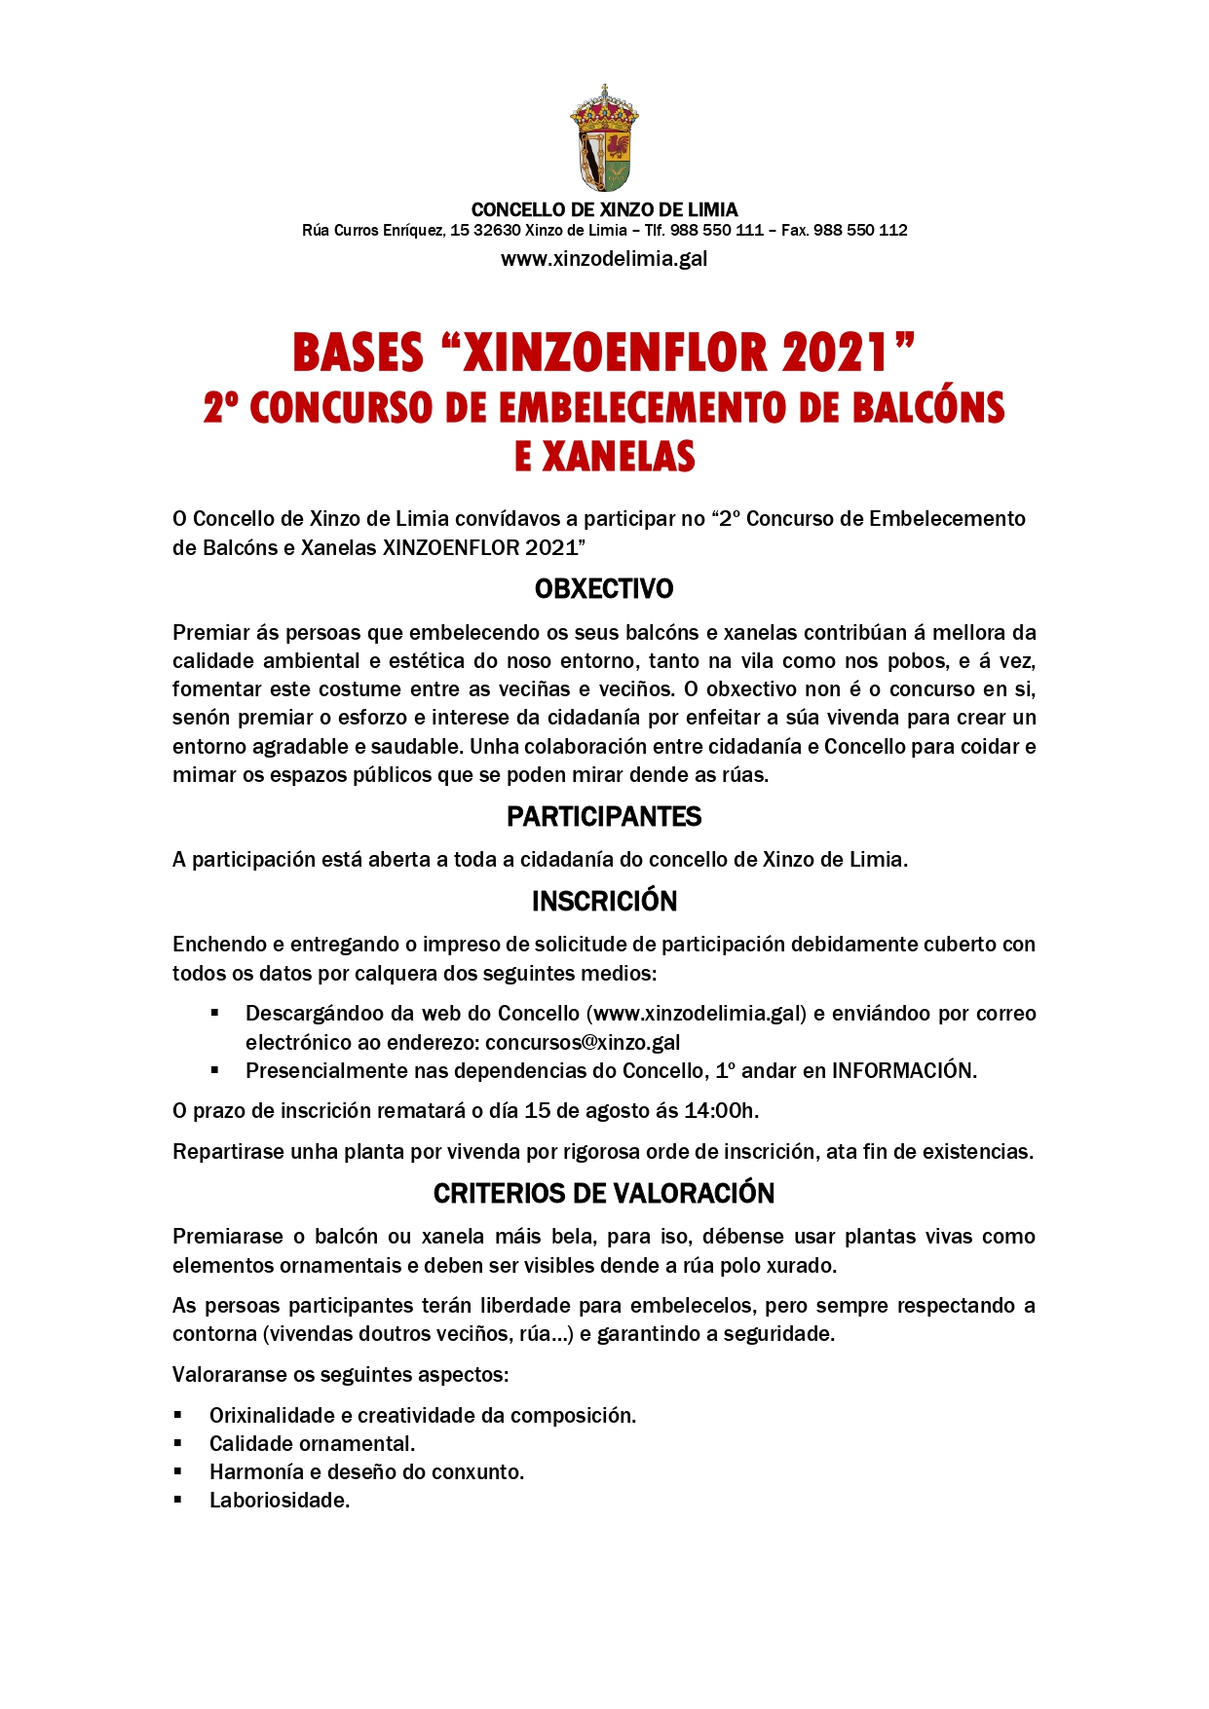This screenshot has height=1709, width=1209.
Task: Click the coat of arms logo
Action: point(604,138)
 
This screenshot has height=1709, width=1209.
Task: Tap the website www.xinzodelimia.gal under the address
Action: point(604,259)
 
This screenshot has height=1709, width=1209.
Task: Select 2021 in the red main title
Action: point(835,353)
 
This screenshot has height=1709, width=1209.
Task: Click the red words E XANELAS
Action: point(604,457)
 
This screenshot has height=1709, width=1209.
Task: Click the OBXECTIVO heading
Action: point(604,589)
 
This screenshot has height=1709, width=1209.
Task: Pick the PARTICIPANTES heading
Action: point(604,816)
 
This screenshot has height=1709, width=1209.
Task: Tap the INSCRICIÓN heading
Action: point(604,902)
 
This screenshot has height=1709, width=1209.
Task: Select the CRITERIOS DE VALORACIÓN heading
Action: point(604,1194)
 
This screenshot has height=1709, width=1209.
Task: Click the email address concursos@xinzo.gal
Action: point(583,1042)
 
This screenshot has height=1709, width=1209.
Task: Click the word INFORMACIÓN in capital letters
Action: point(902,1071)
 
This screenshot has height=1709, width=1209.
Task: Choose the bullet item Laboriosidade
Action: point(280,1501)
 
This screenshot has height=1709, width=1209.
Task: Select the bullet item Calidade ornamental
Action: point(312,1444)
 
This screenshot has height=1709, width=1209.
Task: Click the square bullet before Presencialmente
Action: point(215,1070)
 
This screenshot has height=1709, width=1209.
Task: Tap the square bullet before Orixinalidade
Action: point(179,1415)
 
